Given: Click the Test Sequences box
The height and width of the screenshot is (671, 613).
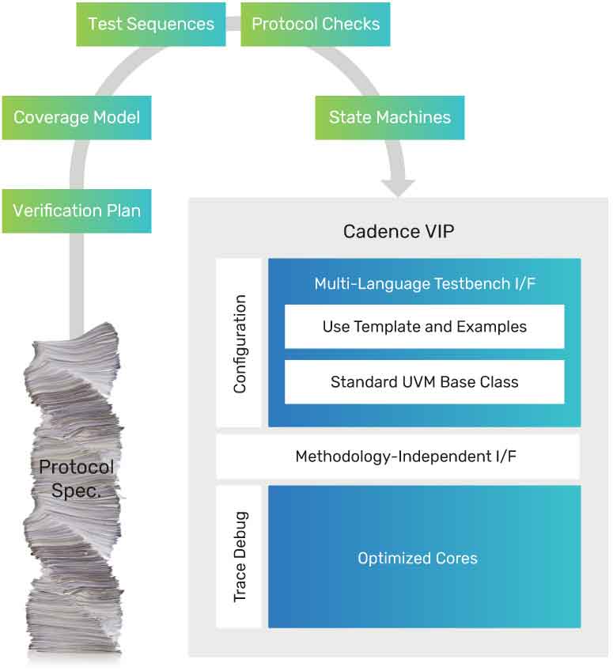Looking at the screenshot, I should (151, 24).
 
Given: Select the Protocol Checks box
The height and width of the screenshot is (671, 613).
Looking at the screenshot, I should (315, 24).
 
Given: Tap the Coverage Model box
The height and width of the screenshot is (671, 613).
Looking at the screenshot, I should (77, 118).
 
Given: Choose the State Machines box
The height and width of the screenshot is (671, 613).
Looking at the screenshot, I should (389, 118).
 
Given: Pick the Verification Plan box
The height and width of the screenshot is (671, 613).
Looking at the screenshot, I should (77, 210).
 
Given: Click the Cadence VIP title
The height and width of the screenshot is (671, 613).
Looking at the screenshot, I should (399, 232).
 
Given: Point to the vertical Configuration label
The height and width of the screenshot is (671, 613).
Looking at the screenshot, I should (240, 343).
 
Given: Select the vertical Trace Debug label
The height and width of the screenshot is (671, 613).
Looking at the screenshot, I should (240, 557).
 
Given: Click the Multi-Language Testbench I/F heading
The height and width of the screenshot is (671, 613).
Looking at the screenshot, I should (425, 284).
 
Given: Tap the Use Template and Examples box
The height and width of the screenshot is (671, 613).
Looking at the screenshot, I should (425, 326).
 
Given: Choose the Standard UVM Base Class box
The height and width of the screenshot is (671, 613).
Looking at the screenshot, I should (425, 381).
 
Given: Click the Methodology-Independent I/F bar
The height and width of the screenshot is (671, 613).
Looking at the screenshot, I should (398, 457).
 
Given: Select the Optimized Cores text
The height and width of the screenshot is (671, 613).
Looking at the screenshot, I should (418, 558).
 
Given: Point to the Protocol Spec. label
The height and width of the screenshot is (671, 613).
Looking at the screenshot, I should (77, 478).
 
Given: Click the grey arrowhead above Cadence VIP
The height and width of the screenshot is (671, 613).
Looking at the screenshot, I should (397, 188).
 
